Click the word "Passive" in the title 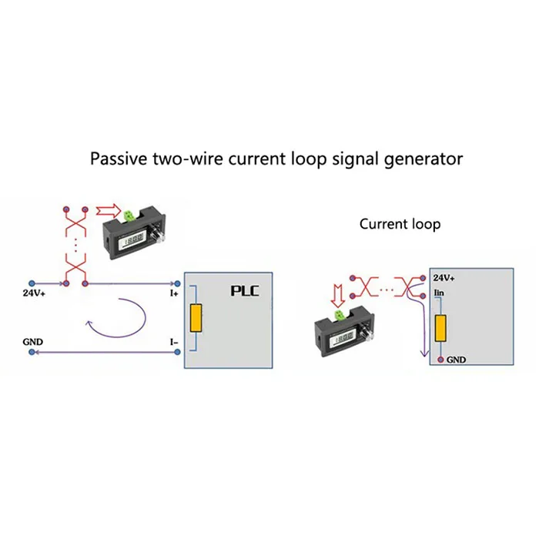click(x=117, y=159)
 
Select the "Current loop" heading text click(x=400, y=224)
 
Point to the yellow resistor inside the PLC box click(x=197, y=317)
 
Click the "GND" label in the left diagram click(x=32, y=340)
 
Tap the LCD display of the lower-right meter click(x=343, y=339)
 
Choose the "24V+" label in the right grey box click(x=444, y=278)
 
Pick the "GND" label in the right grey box click(x=456, y=360)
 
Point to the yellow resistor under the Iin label click(x=440, y=329)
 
